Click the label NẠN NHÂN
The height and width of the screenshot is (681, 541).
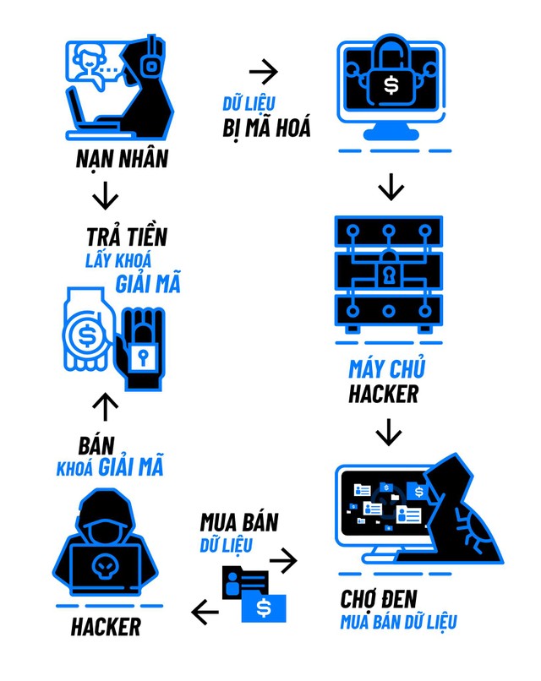122,158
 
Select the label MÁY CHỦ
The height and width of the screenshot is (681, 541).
386,369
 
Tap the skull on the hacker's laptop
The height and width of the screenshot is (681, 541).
104,566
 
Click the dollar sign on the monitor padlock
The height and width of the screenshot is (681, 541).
390,85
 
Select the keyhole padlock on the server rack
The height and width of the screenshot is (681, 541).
389,274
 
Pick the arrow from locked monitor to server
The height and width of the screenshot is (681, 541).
389,187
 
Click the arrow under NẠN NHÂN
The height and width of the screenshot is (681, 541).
105,196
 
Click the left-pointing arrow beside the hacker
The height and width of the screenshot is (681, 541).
205,611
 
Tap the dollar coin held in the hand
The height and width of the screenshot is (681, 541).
86,334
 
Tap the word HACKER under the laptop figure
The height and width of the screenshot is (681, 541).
106,626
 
